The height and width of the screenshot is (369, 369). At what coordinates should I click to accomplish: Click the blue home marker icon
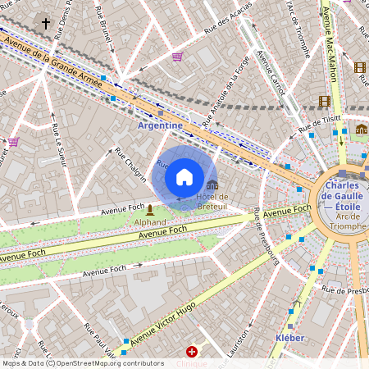click(x=184, y=177)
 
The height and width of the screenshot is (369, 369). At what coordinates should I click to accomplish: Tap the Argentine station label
click(x=160, y=125)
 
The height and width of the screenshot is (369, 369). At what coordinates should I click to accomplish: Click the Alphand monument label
click(x=149, y=221)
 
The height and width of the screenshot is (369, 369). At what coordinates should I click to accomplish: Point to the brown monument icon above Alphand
click(x=149, y=210)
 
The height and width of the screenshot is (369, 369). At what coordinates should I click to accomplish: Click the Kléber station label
click(x=290, y=338)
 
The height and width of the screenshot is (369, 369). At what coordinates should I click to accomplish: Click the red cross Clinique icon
click(x=192, y=351)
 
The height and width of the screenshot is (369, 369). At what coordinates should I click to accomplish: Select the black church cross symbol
click(x=46, y=24)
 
